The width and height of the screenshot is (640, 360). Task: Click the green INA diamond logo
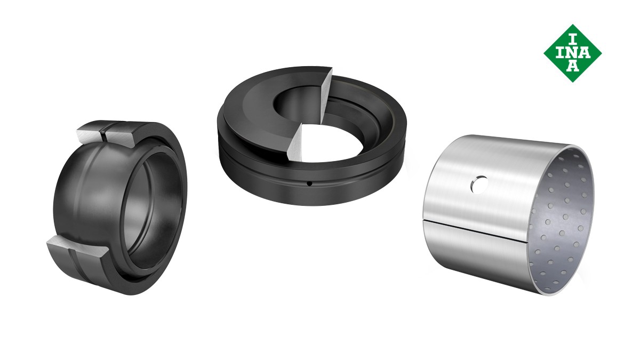pos(573,53)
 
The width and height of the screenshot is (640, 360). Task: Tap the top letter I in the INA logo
pos(572,39)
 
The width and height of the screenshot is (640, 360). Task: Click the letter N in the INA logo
pos(573,53)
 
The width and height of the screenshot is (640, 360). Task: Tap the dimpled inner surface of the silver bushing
pos(560,223)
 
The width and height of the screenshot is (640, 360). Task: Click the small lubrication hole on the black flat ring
pos(309,184)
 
